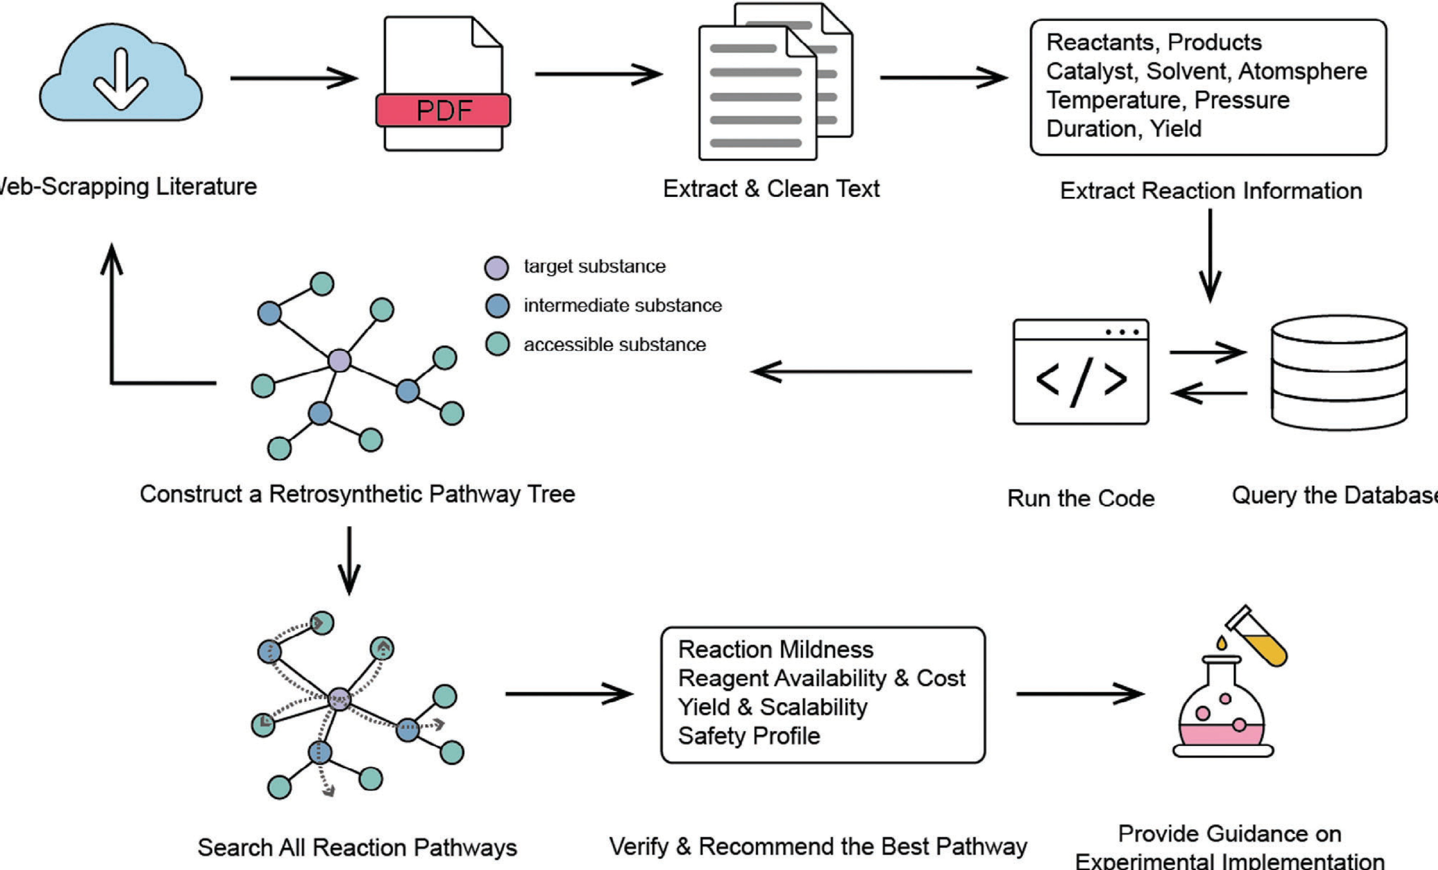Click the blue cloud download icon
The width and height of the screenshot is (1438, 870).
point(121,72)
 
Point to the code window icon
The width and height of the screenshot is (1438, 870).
point(1081,372)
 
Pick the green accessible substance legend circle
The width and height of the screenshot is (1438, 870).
point(497,344)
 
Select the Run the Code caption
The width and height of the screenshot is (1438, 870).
point(1081,498)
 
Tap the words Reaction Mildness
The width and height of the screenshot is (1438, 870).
point(776,650)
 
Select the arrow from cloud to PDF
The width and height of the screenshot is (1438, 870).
point(294,78)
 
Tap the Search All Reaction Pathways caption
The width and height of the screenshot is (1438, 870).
point(357,847)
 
